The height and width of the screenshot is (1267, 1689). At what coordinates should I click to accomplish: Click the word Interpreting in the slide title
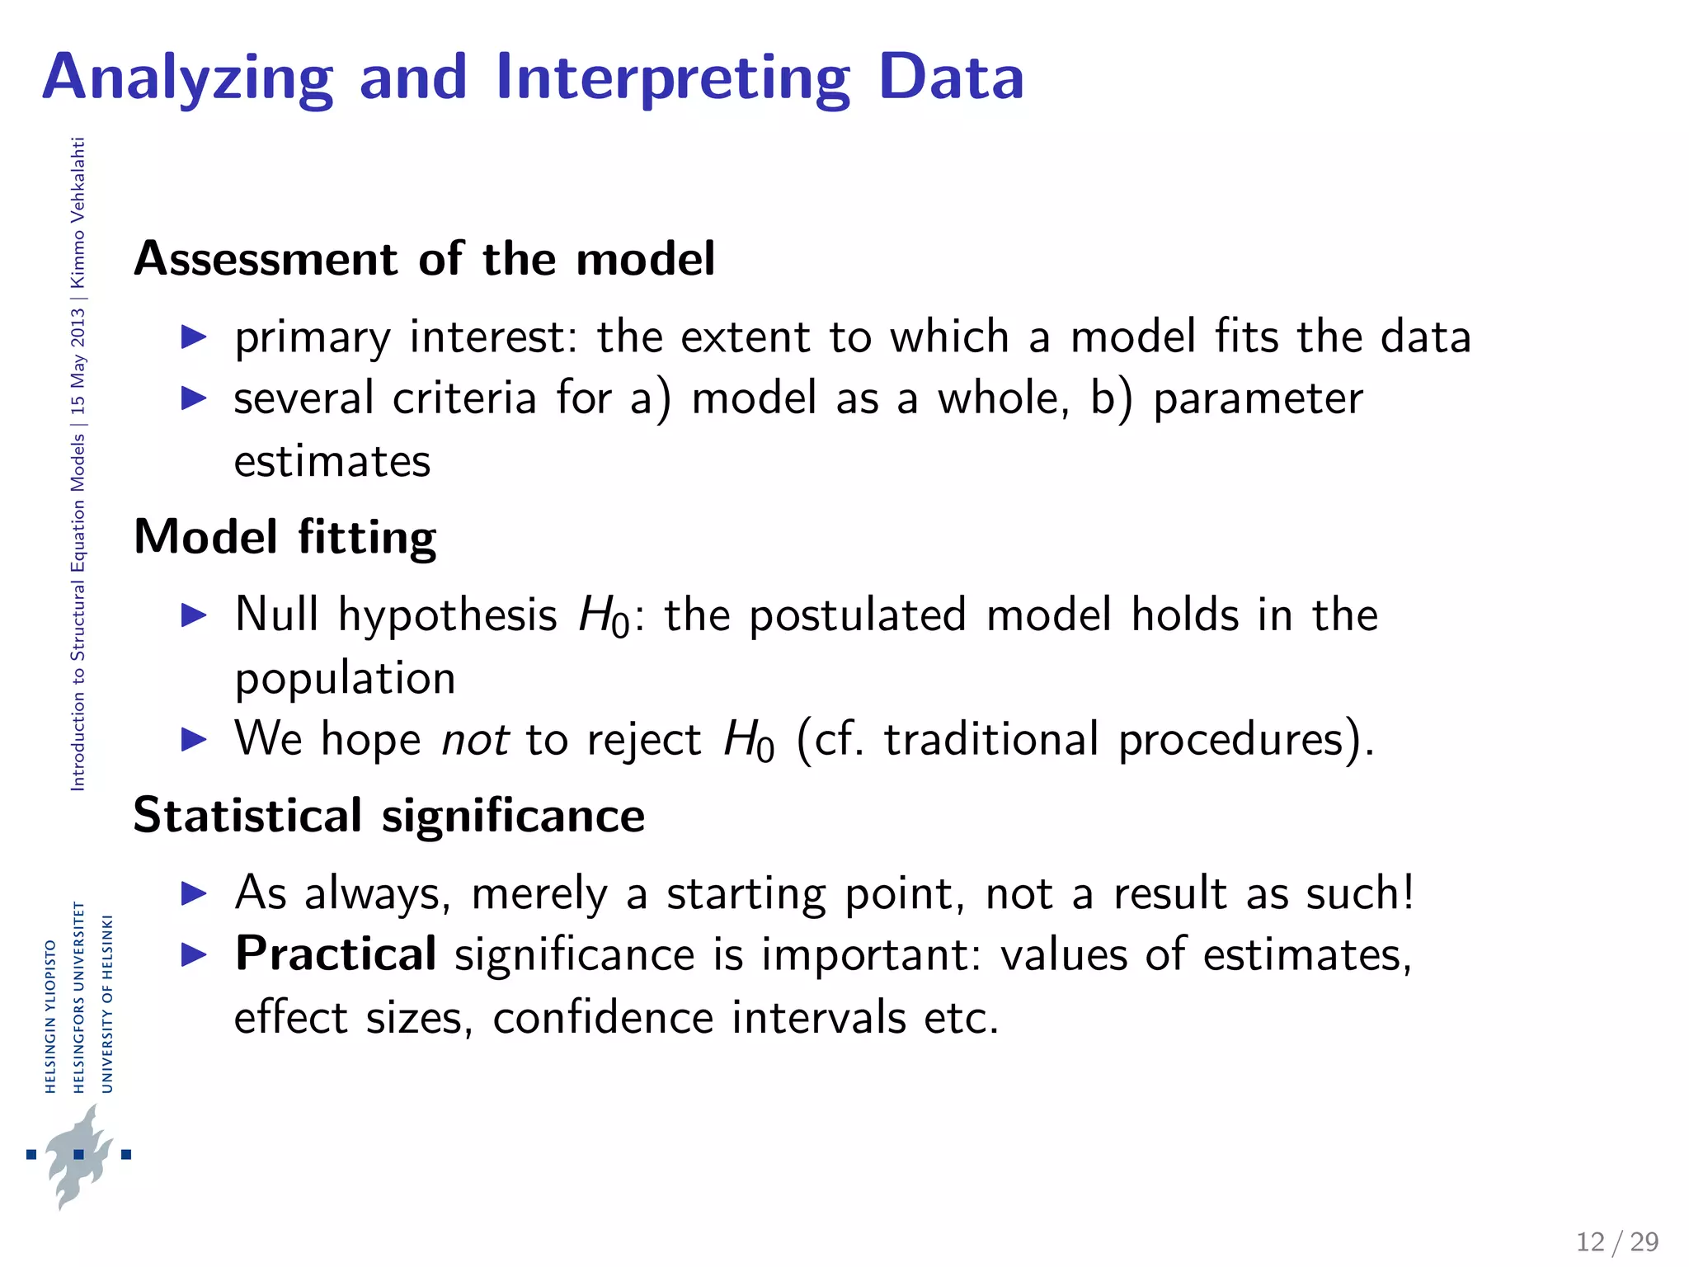(672, 78)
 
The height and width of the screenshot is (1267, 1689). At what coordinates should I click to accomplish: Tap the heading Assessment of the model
(424, 259)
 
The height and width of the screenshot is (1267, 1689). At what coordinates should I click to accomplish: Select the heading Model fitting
(285, 537)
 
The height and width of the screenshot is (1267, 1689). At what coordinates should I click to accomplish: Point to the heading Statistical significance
(388, 816)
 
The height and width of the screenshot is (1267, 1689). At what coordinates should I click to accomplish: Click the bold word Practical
(336, 954)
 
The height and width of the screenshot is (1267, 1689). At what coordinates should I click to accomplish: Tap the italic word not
(475, 739)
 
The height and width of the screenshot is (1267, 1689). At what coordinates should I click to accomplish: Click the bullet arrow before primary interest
(194, 337)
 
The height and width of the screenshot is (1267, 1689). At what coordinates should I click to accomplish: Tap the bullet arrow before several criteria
(194, 398)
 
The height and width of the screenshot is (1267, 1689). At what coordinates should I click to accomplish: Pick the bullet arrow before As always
(194, 893)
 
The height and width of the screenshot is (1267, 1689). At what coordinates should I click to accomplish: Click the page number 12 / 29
(1616, 1241)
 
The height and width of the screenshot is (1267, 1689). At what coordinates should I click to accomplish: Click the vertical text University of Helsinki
(106, 1003)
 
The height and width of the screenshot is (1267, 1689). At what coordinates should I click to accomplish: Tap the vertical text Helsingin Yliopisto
(50, 1016)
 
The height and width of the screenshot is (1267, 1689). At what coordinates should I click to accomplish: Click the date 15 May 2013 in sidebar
(78, 361)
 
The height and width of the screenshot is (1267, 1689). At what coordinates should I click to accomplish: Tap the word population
(345, 679)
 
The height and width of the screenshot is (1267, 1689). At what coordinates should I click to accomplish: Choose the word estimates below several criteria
(332, 462)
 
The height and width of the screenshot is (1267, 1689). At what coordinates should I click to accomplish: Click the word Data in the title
(950, 78)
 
